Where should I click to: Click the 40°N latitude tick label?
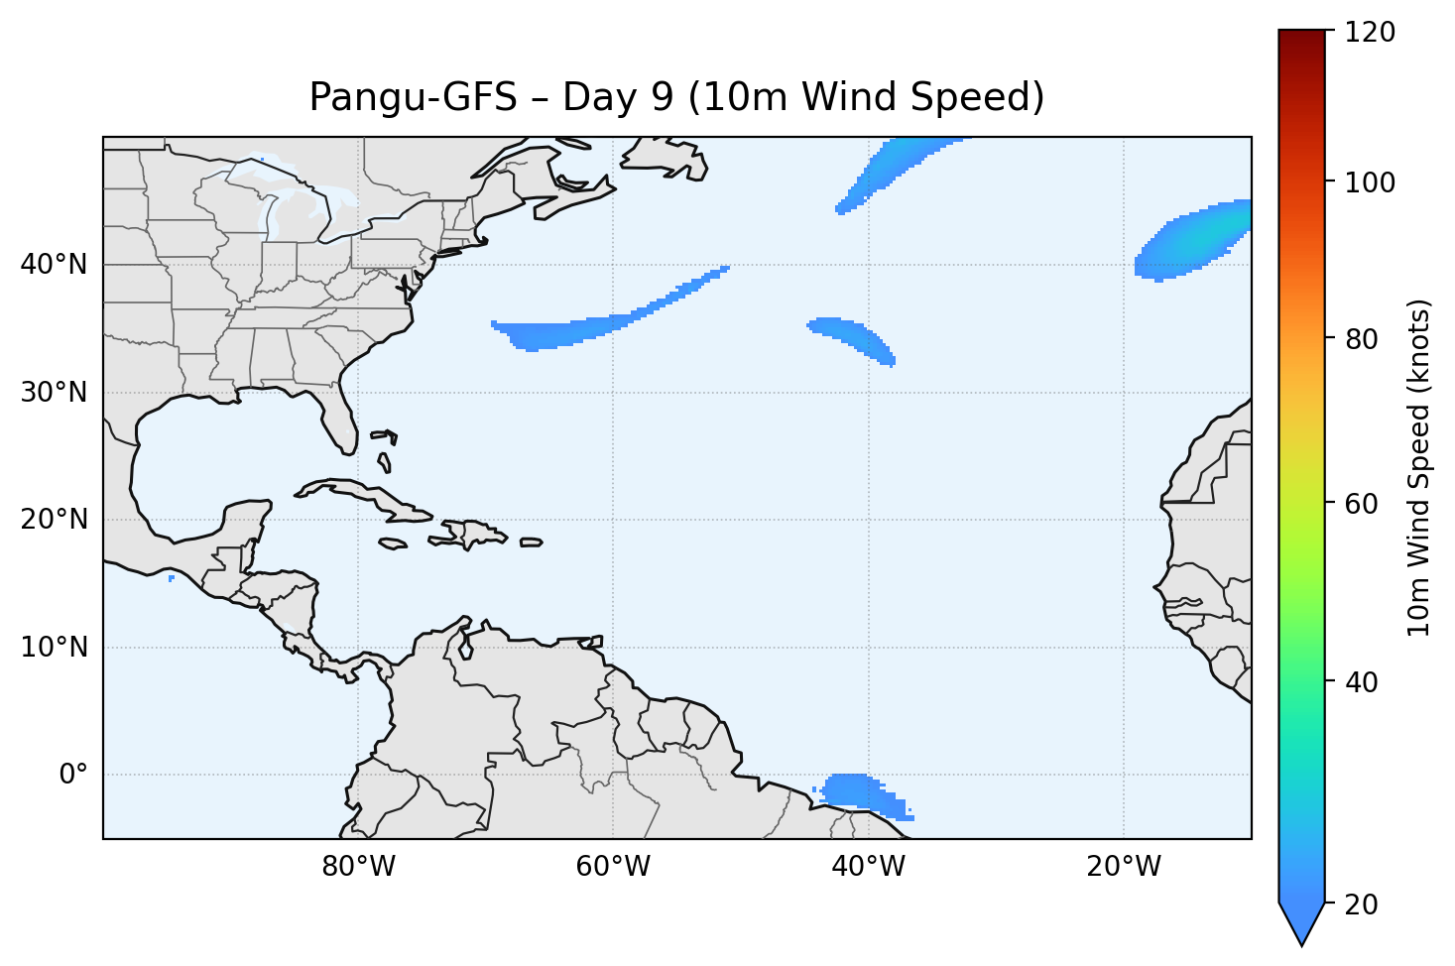pos(54,265)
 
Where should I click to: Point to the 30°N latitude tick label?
pos(54,393)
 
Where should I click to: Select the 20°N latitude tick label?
pos(54,520)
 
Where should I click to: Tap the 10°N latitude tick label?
pos(54,648)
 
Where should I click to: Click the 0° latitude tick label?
pos(73,775)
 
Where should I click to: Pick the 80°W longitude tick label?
pos(358,867)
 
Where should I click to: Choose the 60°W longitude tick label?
pos(613,867)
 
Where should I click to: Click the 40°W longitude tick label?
pos(868,867)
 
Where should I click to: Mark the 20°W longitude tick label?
pos(1123,867)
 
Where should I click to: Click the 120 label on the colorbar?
pos(1370,33)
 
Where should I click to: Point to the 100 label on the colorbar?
pos(1370,182)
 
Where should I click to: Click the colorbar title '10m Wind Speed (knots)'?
pos(1419,468)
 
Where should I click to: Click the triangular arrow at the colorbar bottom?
pos(1302,922)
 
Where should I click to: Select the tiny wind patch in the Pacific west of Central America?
pos(172,578)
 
